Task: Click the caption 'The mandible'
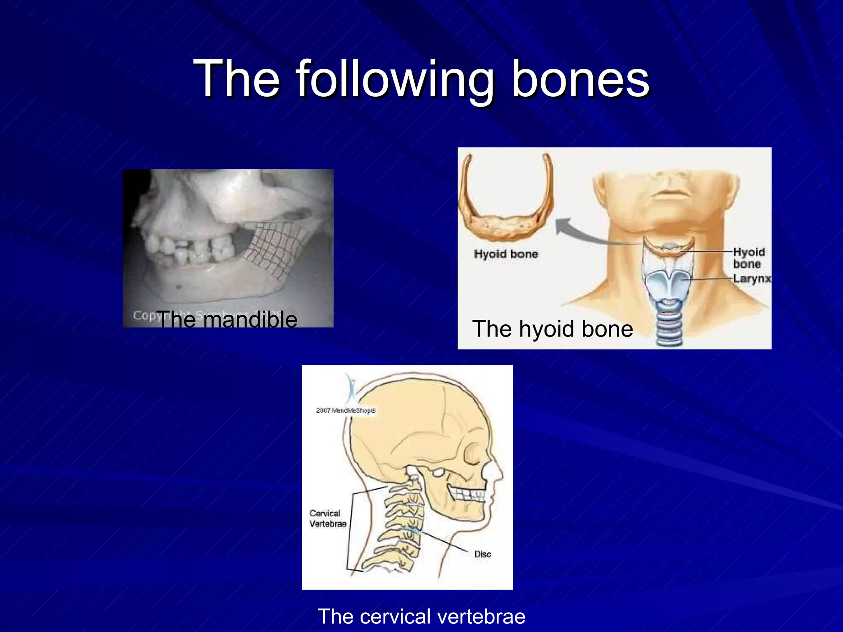coord(227,320)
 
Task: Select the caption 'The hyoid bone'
coord(552,329)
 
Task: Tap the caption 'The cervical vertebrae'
coord(421,616)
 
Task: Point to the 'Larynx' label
coord(752,279)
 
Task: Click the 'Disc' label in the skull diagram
coord(482,554)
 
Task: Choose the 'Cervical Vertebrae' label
coord(328,518)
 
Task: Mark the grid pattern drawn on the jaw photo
coord(276,247)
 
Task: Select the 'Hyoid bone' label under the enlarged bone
coord(506,254)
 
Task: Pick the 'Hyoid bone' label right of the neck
coord(748,258)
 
